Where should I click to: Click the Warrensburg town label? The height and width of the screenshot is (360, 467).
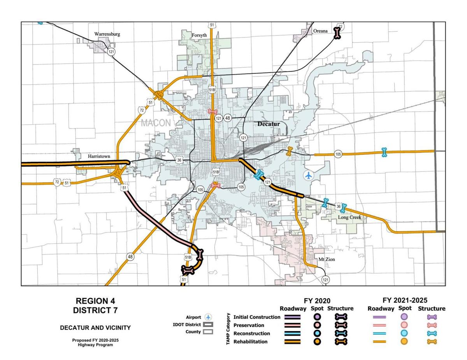point(107,34)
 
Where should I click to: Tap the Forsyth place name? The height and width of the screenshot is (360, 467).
point(199,35)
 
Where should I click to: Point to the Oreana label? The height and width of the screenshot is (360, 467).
point(320,31)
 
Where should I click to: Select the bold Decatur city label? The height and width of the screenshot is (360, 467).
point(269,124)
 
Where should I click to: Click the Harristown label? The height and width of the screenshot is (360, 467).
point(99,156)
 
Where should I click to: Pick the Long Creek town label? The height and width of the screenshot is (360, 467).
point(349,217)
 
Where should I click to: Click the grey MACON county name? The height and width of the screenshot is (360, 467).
point(156,123)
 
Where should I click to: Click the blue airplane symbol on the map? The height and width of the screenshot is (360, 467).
point(309,175)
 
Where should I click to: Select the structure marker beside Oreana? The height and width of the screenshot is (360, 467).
point(337,34)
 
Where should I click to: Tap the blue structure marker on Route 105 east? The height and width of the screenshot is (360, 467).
point(384,152)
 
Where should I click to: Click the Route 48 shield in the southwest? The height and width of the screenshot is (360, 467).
point(130,257)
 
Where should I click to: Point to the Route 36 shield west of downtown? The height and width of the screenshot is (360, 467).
point(179,160)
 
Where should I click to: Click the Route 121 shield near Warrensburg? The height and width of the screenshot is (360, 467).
point(112,52)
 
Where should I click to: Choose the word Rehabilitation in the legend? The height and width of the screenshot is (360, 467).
point(250,342)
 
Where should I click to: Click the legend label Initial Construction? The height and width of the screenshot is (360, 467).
point(256,317)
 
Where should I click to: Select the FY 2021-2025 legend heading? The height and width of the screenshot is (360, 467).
point(405,300)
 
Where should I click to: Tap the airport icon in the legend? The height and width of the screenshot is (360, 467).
point(209,317)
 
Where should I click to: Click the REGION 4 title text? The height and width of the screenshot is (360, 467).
point(95,301)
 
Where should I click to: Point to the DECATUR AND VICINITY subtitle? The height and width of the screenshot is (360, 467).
point(95,328)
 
